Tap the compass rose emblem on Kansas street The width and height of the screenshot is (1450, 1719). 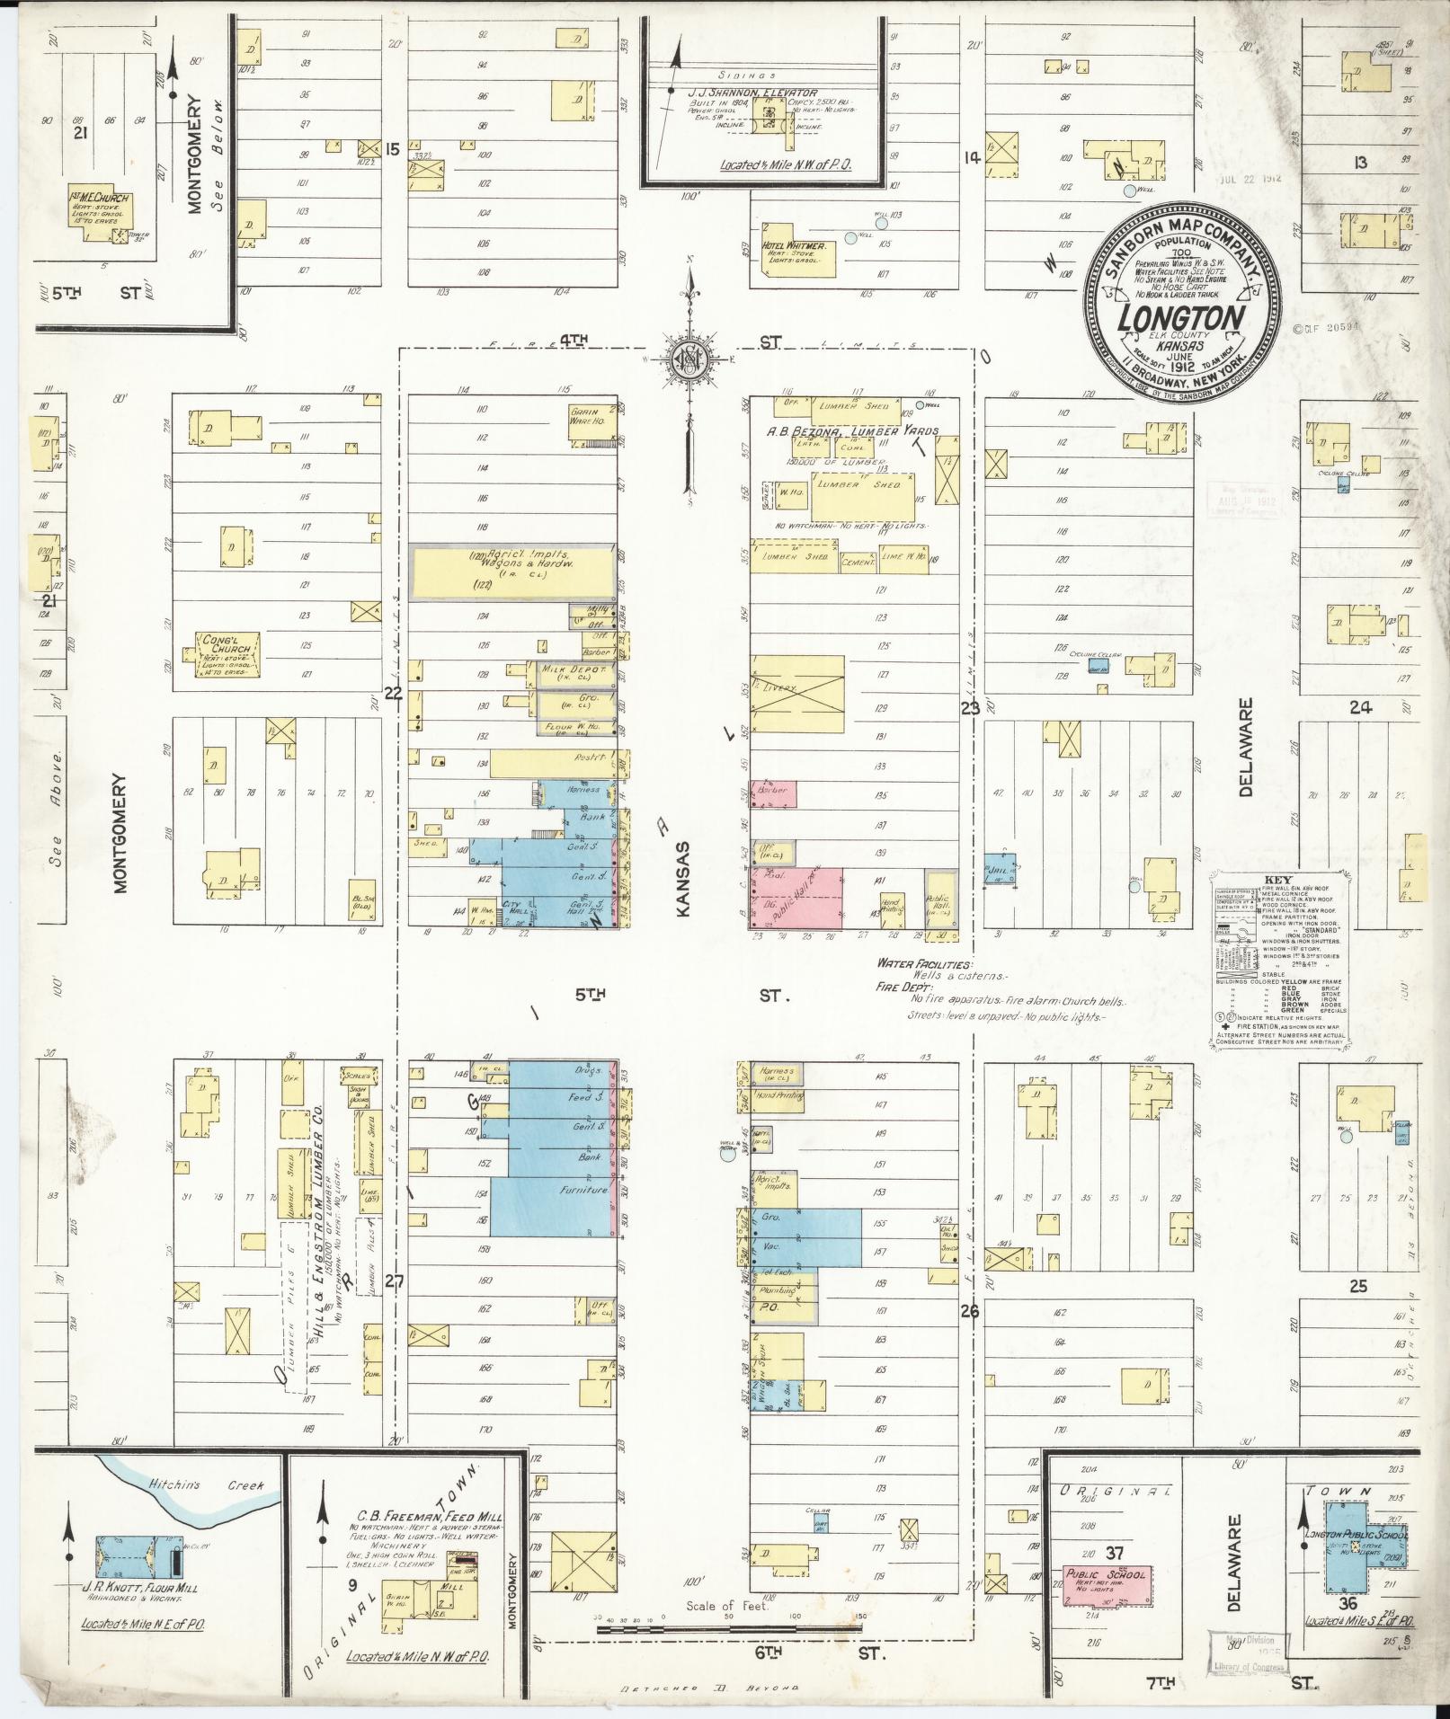689,360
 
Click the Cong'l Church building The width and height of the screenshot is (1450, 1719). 229,653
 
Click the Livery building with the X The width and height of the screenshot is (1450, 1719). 798,694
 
